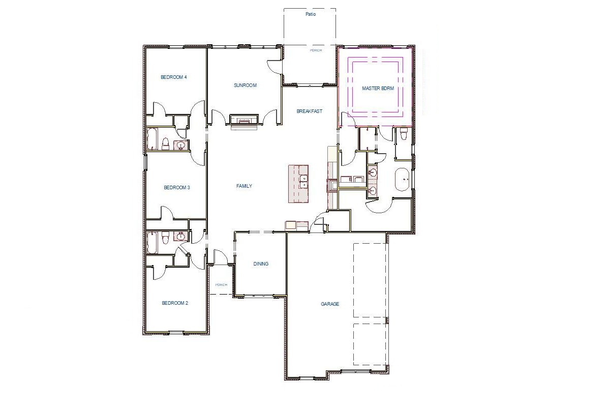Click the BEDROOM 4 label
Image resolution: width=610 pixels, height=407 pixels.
174,77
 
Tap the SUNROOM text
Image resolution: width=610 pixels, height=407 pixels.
245,85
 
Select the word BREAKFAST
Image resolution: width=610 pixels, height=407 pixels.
309,111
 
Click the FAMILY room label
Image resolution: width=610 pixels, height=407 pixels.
244,186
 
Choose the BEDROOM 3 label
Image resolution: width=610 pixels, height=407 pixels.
176,188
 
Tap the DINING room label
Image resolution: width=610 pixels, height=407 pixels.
261,264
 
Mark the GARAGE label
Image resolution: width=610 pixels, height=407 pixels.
330,304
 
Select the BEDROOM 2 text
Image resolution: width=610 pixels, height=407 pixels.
175,303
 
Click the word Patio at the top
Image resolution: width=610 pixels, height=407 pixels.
311,14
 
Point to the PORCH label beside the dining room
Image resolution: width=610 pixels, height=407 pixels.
221,285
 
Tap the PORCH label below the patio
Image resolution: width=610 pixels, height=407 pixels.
316,50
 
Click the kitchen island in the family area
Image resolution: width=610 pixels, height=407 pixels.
298,183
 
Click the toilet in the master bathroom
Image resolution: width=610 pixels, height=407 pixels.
404,134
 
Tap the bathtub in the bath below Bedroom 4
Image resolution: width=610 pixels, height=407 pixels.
152,139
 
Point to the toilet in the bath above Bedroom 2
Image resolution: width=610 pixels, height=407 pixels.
165,237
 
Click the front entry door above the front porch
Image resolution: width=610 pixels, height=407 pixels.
221,257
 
